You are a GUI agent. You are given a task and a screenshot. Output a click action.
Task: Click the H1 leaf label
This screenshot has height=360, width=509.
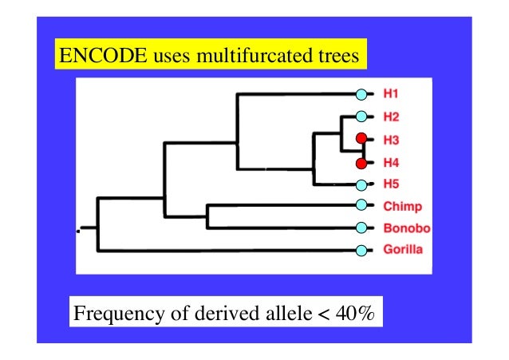point(391,94)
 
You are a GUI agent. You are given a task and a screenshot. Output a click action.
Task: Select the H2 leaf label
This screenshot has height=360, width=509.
point(391,117)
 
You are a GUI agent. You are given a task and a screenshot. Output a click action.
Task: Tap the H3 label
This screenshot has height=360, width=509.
point(391,140)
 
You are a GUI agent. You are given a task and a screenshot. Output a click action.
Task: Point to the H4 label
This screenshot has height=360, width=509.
point(391,164)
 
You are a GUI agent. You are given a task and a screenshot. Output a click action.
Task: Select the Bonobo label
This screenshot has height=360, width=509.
point(406,228)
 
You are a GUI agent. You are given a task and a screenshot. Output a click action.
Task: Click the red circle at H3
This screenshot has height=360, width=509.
point(361,140)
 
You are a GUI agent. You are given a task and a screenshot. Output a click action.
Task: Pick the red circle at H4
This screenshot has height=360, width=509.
point(361,164)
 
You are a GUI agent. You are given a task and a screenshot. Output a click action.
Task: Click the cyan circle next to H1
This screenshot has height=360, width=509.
point(361,94)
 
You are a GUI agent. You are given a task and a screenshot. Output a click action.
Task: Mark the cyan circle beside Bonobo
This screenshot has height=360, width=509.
point(361,228)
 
